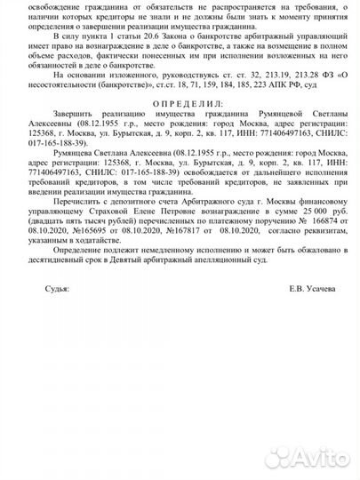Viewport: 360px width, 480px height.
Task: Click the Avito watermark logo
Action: [308, 457]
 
